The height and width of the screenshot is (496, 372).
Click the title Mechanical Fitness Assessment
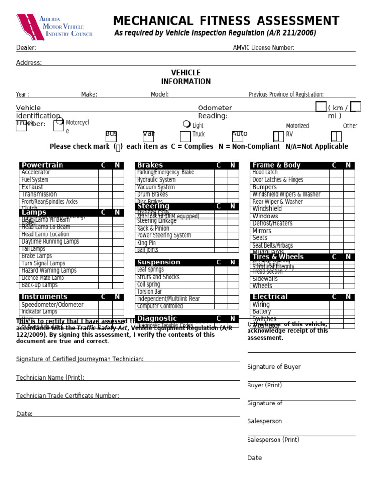click(x=226, y=21)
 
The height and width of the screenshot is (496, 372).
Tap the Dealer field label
click(x=26, y=48)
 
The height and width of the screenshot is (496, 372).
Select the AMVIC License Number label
click(x=263, y=48)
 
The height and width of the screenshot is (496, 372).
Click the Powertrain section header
click(x=43, y=165)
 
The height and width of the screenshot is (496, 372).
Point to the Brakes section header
click(x=150, y=165)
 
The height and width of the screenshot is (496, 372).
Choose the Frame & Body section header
click(x=277, y=165)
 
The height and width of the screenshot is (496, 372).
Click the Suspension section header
click(x=158, y=263)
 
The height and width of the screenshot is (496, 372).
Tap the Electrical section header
click(x=270, y=297)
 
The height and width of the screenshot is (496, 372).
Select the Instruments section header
click(x=45, y=297)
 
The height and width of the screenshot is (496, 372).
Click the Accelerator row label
click(x=36, y=172)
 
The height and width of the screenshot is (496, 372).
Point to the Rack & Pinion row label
click(x=153, y=229)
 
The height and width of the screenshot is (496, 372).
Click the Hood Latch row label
click(x=265, y=172)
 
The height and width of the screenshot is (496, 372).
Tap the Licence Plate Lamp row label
click(x=43, y=278)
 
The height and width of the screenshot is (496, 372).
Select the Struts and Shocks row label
click(x=158, y=277)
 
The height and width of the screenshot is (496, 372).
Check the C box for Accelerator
click(x=105, y=172)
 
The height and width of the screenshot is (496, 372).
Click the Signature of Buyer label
click(x=274, y=367)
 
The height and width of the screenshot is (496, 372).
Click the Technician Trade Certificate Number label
click(x=68, y=396)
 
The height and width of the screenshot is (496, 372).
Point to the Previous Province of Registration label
click(x=286, y=94)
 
